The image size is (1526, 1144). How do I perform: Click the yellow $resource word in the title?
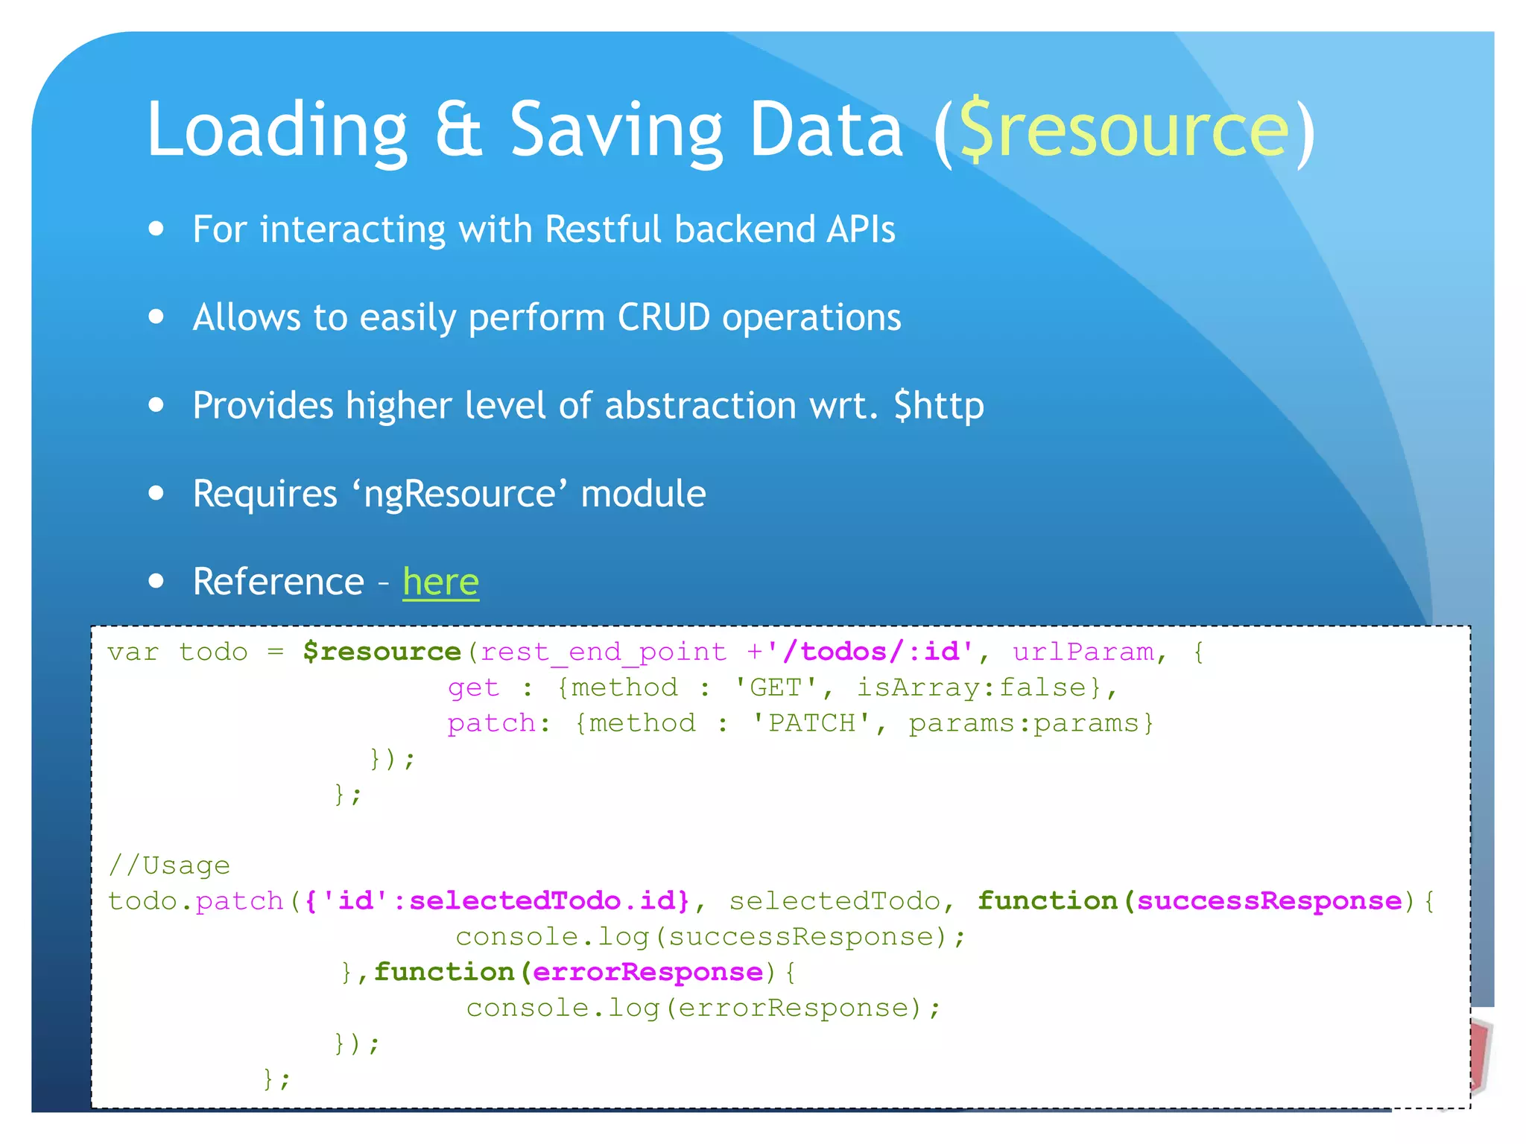pos(1124,130)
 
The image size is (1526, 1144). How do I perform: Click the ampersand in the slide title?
pos(459,130)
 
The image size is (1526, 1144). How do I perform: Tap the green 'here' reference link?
pos(440,582)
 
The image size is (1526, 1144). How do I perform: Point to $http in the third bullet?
pos(939,406)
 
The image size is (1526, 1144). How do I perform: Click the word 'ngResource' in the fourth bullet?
pos(459,495)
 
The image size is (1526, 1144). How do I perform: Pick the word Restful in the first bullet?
pos(603,229)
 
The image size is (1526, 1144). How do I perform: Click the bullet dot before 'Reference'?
pos(156,581)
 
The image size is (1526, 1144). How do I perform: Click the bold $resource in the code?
pos(382,652)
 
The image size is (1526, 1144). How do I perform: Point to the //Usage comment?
pos(169,865)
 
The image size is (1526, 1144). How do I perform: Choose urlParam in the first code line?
pos(1082,652)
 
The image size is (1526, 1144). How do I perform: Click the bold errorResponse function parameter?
pos(648,972)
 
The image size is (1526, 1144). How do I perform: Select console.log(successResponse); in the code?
pos(710,937)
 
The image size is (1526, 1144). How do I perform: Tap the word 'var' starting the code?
pos(133,652)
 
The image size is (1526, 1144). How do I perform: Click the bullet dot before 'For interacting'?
pos(156,229)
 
